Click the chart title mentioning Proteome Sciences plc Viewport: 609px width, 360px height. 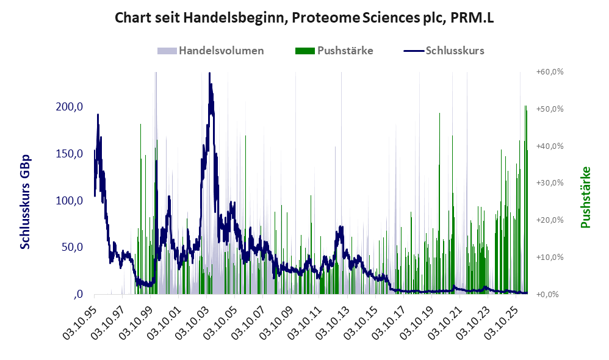tap(304, 18)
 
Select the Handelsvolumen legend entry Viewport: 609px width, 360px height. tap(211, 51)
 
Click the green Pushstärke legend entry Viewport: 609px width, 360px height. tap(334, 51)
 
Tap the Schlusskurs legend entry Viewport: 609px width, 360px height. tap(444, 51)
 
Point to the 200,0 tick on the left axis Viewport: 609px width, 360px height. tap(70, 106)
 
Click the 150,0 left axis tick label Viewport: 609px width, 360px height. tap(70, 153)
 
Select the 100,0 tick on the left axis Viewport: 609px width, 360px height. tap(70, 200)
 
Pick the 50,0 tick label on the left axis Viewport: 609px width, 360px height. tap(72, 247)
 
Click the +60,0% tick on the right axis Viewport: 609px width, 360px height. tap(550, 72)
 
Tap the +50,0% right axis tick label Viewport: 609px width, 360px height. tap(550, 109)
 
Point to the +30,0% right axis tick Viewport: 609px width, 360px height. tap(550, 183)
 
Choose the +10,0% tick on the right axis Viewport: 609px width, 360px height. tap(550, 257)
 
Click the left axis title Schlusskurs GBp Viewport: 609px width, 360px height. tap(25, 202)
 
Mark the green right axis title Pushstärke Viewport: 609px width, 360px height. tap(585, 197)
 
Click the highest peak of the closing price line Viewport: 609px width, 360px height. tap(210, 73)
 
